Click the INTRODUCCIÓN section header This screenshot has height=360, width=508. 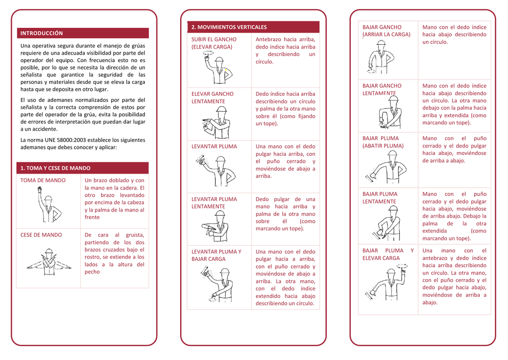tap(42, 33)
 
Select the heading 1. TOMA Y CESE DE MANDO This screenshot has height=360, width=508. tap(55, 168)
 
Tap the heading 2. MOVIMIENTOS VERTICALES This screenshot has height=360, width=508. tap(229, 27)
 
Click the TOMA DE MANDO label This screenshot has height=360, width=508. tap(43, 180)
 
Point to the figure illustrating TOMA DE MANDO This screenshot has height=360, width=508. tap(48, 204)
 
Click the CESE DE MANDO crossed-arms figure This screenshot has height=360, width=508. tap(49, 261)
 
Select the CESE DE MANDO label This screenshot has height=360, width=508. tap(41, 235)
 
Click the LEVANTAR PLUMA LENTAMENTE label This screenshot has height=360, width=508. tap(214, 203)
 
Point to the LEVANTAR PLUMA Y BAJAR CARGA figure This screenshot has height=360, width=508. tap(216, 284)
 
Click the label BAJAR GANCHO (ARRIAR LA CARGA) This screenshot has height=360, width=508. tap(386, 31)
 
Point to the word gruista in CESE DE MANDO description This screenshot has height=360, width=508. tap(134, 235)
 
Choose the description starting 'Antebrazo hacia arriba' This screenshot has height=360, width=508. tap(285, 50)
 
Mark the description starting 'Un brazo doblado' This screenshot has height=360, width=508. tap(115, 199)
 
